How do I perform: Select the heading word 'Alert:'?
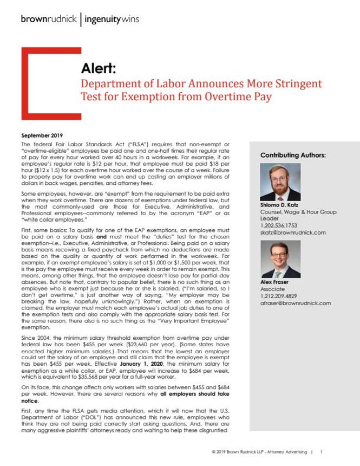coord(97,69)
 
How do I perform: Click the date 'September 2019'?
coord(41,134)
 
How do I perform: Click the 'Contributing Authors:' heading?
coord(293,155)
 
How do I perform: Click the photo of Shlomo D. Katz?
coord(277,182)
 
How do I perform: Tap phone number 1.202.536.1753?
coord(280,225)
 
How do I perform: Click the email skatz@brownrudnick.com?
coord(293,232)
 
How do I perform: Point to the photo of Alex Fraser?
coord(277,260)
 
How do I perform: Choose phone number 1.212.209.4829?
coord(280,296)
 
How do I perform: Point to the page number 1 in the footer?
coord(321,451)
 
